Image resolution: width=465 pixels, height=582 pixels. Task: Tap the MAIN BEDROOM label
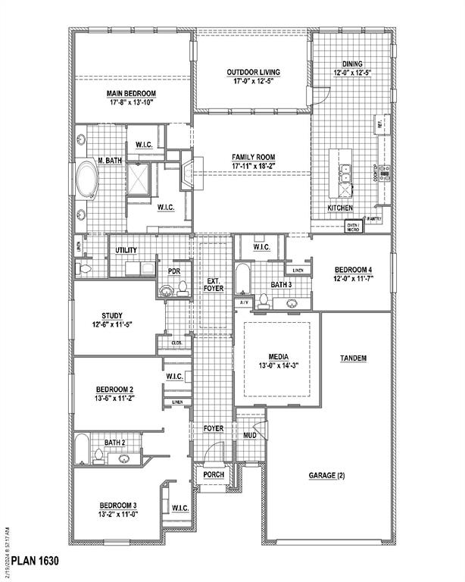pos(130,92)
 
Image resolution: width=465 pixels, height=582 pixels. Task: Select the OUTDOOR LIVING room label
pos(253,73)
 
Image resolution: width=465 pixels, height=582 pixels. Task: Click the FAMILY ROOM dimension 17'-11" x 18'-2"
pos(253,167)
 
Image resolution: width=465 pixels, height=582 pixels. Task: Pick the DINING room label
pos(351,64)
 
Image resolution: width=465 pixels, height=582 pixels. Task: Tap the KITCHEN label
pos(340,207)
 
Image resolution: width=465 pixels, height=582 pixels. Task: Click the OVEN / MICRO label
pos(353,227)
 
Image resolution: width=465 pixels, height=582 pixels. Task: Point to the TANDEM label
pos(354,358)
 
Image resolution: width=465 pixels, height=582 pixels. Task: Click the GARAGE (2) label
pos(326,475)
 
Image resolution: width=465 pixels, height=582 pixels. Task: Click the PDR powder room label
pos(173,271)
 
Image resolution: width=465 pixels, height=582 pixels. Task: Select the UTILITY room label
pos(126,250)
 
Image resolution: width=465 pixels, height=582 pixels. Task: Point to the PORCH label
pos(213,475)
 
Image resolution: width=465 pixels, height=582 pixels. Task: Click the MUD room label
pos(250,436)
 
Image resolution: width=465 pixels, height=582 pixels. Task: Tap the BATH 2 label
pos(114,443)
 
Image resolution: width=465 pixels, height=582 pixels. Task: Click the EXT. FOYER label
pos(214,285)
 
